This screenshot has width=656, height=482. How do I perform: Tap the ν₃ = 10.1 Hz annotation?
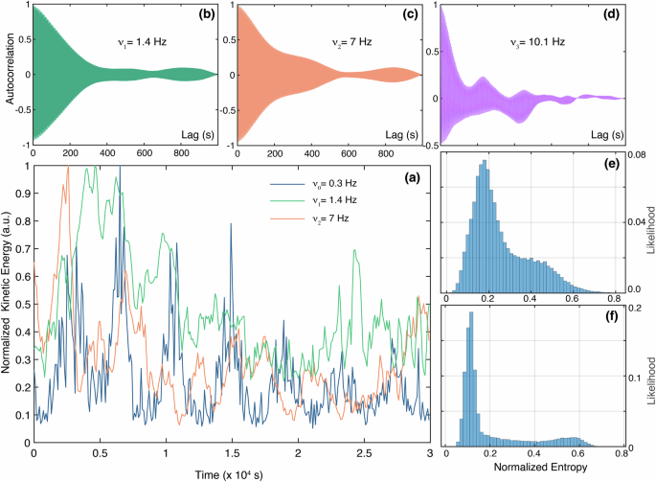542,42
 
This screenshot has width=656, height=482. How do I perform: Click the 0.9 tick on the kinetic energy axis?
21,193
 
